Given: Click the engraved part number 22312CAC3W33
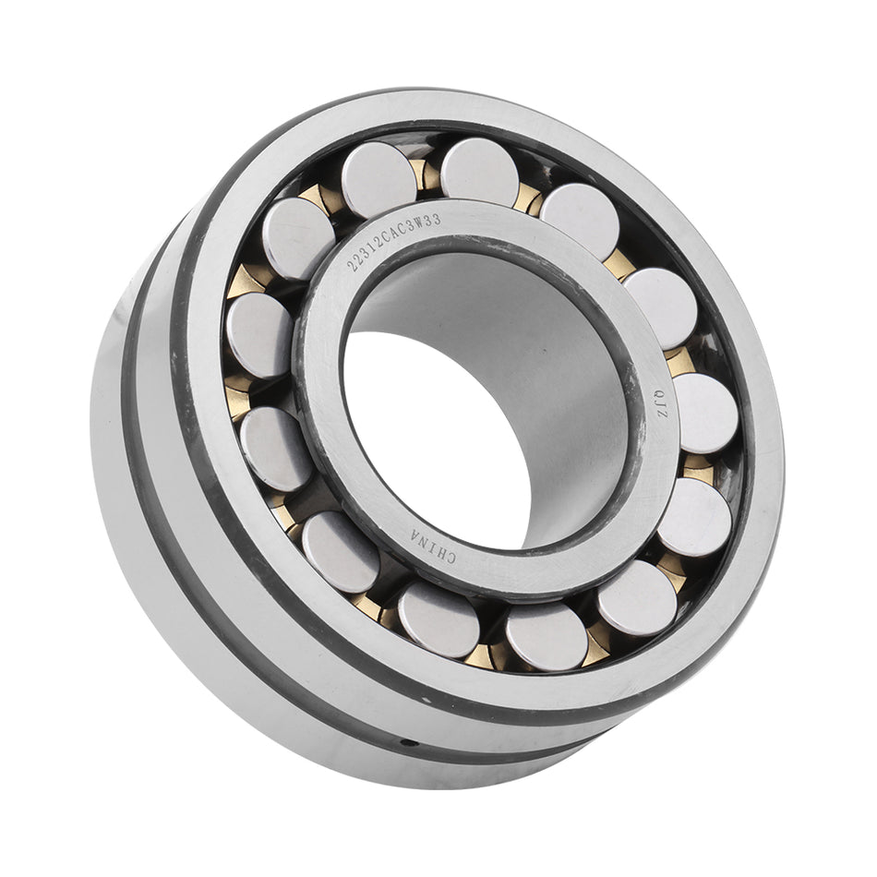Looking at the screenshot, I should pyautogui.click(x=393, y=242).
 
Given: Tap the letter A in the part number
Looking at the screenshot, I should pyautogui.click(x=393, y=240).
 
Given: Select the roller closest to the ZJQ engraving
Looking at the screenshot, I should pyautogui.click(x=706, y=414).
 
